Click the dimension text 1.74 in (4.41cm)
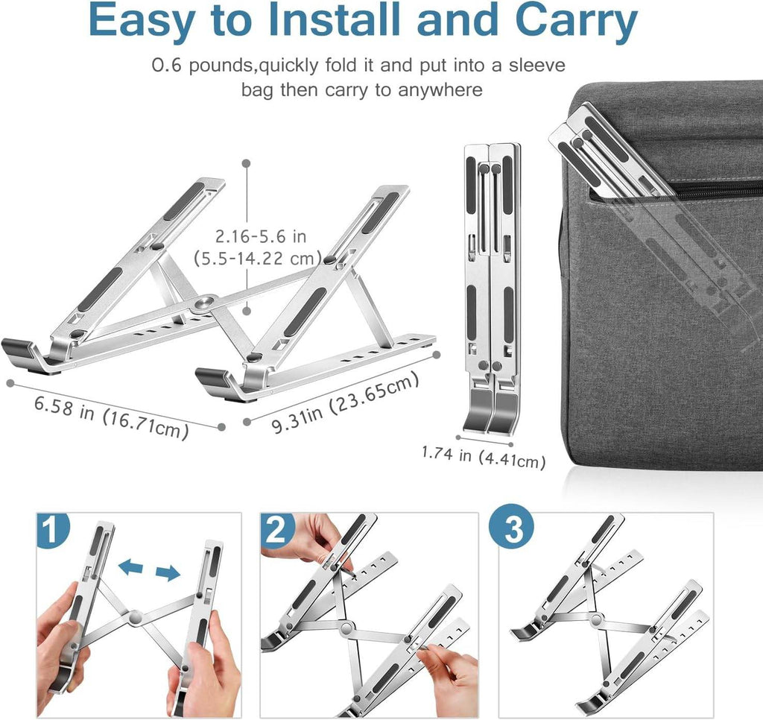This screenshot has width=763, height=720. point(483,456)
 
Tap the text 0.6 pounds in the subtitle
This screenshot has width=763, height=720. point(203,65)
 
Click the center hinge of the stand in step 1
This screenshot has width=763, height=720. point(135,618)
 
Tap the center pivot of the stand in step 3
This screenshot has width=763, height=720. point(598,619)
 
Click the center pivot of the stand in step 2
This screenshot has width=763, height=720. point(345,628)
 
